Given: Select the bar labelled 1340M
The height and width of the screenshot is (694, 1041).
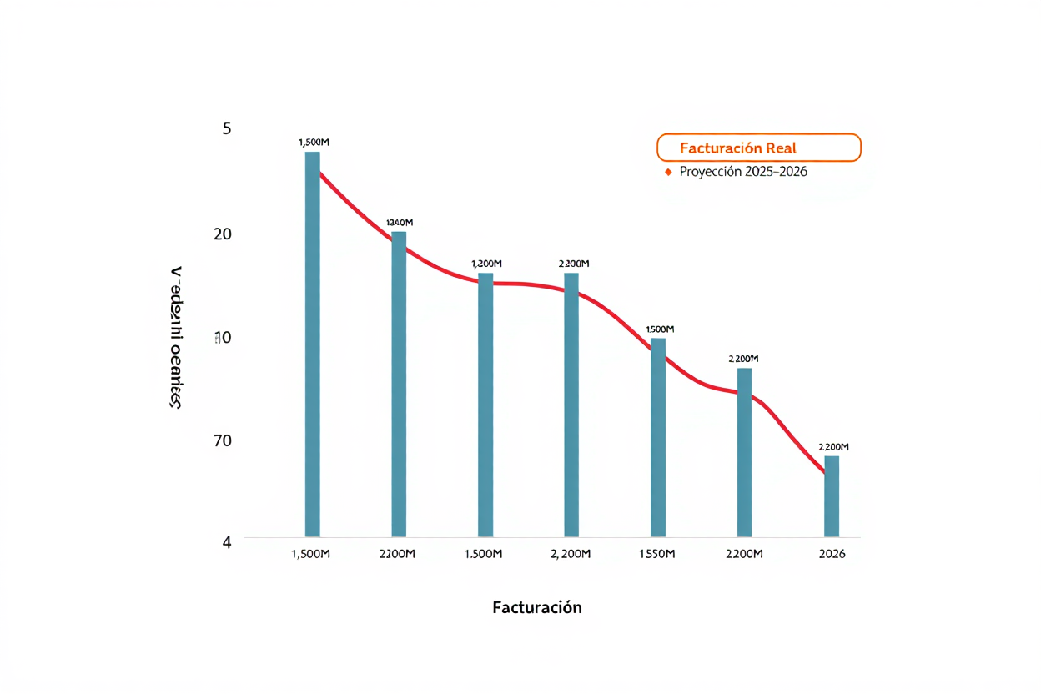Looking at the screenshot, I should (399, 384).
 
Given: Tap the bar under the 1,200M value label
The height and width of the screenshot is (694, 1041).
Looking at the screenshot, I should (485, 405).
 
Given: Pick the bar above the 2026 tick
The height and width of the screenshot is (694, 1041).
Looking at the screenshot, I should (832, 496).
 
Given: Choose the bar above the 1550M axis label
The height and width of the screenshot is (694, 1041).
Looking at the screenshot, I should (658, 437).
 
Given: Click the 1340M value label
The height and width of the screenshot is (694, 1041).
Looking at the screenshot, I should (400, 223).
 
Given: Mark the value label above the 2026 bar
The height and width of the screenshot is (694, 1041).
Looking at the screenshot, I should (833, 447).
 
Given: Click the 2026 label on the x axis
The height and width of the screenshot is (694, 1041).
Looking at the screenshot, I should (832, 554).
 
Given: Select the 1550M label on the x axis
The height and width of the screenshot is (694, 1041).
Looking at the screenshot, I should (656, 554).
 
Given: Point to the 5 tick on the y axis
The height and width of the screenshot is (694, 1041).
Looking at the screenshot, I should (227, 128).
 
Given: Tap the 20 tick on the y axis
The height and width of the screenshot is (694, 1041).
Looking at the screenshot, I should (223, 234).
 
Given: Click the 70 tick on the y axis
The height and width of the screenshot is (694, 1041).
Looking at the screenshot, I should (223, 440).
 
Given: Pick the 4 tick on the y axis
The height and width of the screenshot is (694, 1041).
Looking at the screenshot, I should (227, 541).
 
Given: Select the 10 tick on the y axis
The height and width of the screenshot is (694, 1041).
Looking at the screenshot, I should (223, 338).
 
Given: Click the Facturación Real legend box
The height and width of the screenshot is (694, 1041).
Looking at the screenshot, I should (758, 148).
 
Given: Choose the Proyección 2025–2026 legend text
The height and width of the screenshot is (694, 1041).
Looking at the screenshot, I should (743, 172).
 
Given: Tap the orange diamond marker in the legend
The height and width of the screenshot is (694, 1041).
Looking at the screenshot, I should (667, 173).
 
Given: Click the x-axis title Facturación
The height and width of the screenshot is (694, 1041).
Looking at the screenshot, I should (537, 607).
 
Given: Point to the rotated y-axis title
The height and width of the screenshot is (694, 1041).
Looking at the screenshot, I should (176, 338).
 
